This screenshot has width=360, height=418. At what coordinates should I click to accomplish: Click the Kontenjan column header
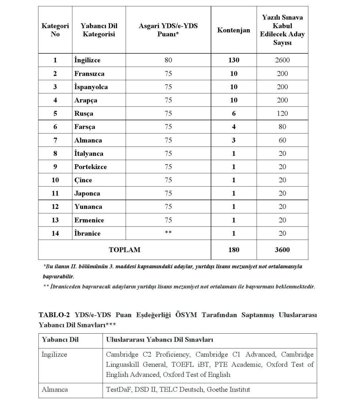coord(233,30)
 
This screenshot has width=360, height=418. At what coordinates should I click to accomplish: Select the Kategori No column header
coord(55,30)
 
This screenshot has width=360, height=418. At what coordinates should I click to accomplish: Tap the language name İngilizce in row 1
coord(87,60)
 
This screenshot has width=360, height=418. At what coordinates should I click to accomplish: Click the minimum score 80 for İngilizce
coord(168,60)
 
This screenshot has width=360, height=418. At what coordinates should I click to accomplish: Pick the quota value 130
coord(234,60)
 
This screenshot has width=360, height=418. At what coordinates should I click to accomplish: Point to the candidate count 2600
coord(282,60)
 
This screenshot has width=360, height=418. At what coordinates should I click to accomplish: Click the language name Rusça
coord(84,114)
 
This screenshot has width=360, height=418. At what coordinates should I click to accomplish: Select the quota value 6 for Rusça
coord(234,114)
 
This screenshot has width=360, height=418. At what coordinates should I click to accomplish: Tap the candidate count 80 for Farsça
coord(282,127)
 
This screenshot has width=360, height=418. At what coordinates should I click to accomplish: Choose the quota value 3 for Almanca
coord(234,140)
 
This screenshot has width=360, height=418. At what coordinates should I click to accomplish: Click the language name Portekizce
coord(91,167)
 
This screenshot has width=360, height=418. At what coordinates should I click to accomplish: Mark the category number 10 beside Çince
coord(55,180)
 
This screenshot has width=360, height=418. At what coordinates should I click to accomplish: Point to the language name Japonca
coord(87,193)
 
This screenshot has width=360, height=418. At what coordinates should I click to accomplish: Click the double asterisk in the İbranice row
coord(168,233)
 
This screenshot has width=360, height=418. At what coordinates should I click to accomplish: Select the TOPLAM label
coord(124,250)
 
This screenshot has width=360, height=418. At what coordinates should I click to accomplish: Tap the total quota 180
coord(234,250)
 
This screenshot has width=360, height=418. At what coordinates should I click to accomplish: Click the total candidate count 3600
coord(282,250)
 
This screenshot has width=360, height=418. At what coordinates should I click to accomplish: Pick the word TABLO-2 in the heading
coord(54,315)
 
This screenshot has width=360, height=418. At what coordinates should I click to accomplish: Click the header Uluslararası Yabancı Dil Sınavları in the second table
coord(159,340)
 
